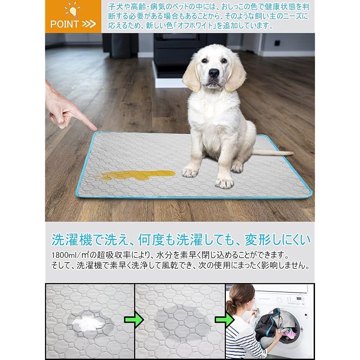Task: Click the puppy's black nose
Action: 214,73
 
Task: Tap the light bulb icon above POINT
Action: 72,10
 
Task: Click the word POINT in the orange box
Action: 65,24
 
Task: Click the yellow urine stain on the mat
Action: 135,175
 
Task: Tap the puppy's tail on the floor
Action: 273,152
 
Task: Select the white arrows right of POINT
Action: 89,24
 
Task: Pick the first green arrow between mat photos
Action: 134,319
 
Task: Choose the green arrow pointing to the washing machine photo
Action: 224,319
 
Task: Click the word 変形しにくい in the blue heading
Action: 277,240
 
